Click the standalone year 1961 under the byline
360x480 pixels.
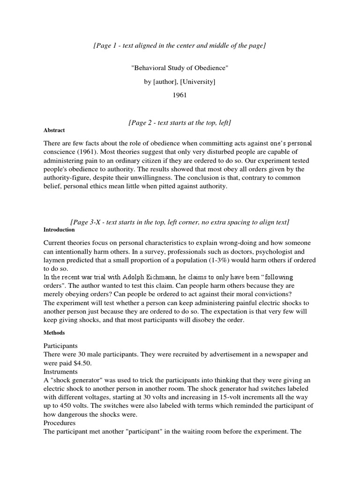click(180, 95)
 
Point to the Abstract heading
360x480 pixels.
click(54, 130)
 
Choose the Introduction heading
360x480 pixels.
click(59, 230)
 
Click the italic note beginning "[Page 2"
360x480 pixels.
click(180, 122)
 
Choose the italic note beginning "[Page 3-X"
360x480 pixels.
click(180, 222)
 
